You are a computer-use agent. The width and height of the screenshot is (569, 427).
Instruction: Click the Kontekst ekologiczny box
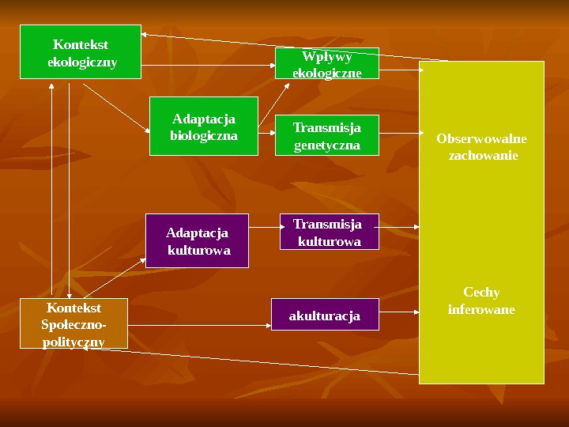coord(81,52)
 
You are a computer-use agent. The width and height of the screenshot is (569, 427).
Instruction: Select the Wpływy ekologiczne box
coord(327,63)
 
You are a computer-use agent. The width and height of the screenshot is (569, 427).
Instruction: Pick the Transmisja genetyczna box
coord(327,136)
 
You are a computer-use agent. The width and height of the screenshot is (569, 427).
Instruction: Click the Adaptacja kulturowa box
coord(198,240)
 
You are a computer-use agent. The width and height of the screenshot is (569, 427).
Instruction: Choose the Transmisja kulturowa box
coord(329,232)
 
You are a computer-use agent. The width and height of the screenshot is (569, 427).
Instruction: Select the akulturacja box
coord(325,315)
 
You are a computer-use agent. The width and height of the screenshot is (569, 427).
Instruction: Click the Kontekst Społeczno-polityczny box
coord(73,323)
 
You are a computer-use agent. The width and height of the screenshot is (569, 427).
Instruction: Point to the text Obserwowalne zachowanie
coord(481,147)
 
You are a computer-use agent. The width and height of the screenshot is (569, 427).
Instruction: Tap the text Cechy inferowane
coord(481,300)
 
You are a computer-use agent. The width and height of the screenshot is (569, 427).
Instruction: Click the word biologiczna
coord(204,135)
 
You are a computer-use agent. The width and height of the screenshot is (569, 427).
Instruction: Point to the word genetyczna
coord(327,145)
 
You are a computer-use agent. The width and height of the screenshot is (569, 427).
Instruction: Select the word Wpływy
coord(327,56)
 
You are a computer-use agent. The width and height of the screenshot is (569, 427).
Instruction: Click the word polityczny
coord(73,341)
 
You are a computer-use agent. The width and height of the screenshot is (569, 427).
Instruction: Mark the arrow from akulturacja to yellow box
coord(399,313)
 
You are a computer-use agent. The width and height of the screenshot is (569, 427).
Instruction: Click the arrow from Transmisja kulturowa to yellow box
coord(399,227)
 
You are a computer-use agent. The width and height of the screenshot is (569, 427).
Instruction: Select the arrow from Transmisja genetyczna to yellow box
coord(399,135)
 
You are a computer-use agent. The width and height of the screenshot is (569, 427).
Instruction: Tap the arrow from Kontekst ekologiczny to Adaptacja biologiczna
coord(115,107)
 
